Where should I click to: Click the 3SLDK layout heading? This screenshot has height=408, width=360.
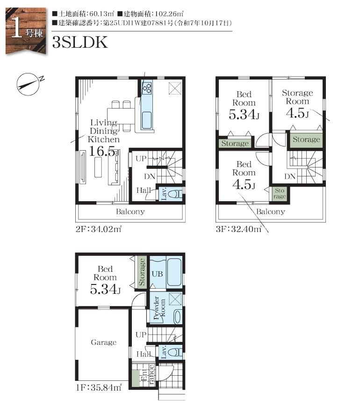click(80, 42)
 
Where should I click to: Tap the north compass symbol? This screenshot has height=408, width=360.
click(29, 84)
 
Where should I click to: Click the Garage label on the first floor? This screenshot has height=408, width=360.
click(103, 342)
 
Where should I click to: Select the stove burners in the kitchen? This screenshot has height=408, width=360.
click(147, 87)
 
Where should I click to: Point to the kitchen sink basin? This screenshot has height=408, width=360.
click(147, 120)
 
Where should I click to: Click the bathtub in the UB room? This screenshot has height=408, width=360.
click(174, 272)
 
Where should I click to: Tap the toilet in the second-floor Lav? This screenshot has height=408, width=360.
click(175, 194)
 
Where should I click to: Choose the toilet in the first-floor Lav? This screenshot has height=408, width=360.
click(175, 352)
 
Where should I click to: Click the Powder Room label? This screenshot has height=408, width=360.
click(159, 308)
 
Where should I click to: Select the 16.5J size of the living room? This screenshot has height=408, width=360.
click(104, 151)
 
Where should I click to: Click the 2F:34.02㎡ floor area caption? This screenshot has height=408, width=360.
click(99, 229)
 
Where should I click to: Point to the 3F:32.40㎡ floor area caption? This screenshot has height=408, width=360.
click(238, 229)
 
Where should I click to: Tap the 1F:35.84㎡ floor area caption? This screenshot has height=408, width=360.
click(99, 388)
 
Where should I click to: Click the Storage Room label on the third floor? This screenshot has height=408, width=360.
click(297, 97)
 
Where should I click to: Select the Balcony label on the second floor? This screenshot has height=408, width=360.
click(130, 211)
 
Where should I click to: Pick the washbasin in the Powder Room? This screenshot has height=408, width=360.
click(178, 317)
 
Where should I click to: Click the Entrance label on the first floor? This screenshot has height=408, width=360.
click(147, 375)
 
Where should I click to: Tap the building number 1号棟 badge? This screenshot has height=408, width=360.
click(26, 31)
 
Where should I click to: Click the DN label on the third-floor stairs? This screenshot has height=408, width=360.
click(290, 176)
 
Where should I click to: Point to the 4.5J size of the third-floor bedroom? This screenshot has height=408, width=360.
click(244, 184)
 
